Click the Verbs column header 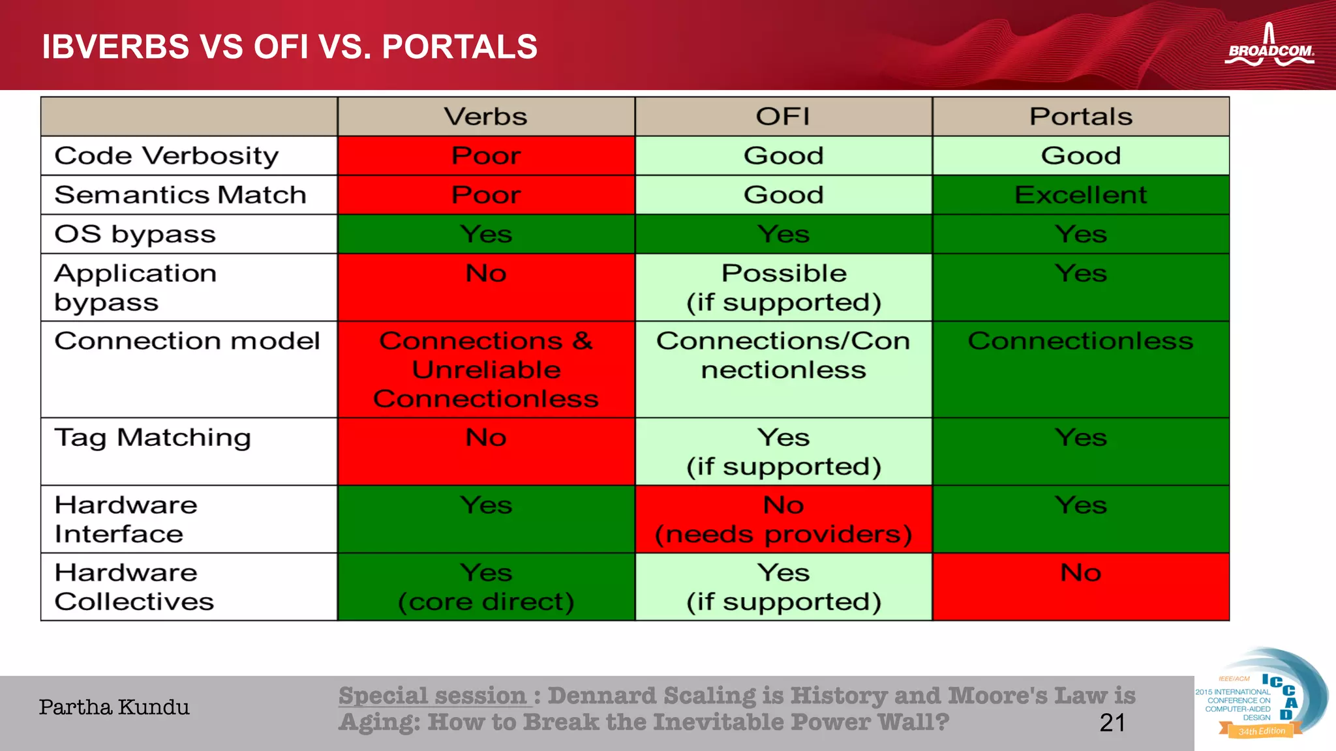tap(486, 117)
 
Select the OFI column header tap(783, 117)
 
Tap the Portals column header tap(1081, 117)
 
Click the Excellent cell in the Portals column tap(1081, 195)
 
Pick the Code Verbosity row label tap(166, 156)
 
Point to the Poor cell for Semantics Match tap(486, 195)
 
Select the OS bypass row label tap(135, 234)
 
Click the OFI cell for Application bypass tap(783, 287)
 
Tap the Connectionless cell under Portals tap(1081, 369)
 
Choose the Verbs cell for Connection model tap(486, 369)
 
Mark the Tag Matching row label tap(153, 437)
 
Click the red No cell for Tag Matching tap(486, 451)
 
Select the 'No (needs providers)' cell tap(783, 519)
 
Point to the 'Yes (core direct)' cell tap(486, 587)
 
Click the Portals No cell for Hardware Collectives tap(1081, 587)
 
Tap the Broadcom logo tap(1269, 47)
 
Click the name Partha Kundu tap(114, 707)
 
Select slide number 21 tap(1112, 723)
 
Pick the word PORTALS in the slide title tap(459, 47)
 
